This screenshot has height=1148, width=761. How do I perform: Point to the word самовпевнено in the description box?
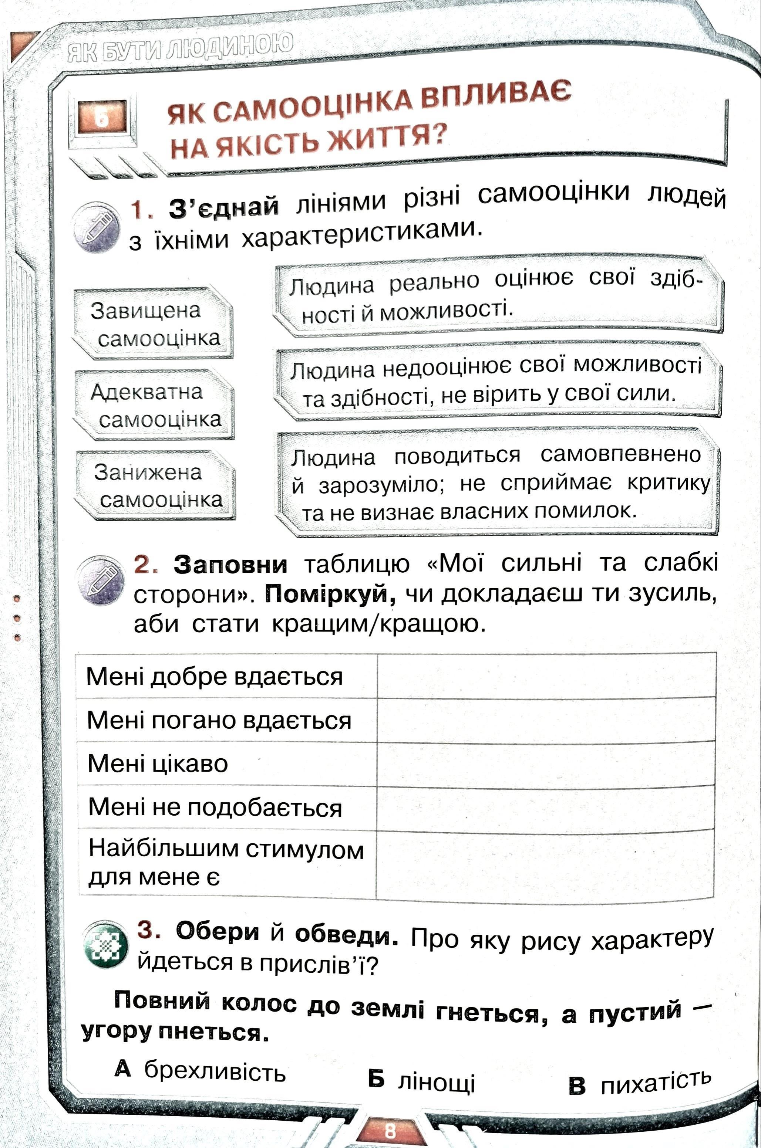coord(620,454)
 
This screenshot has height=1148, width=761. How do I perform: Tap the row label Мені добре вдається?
coord(215,676)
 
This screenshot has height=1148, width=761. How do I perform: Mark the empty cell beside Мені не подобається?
coord(545,807)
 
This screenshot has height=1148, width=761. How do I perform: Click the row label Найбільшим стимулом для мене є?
coord(225,864)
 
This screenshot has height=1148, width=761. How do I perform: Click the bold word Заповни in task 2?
coord(230,563)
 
